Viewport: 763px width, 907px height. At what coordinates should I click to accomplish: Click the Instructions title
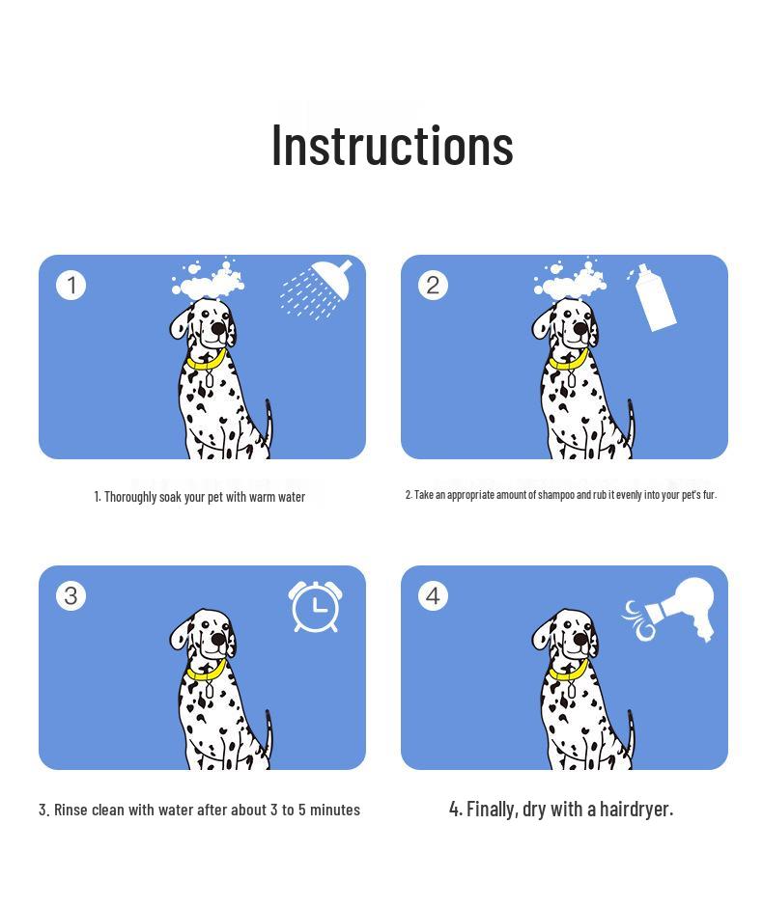point(391,145)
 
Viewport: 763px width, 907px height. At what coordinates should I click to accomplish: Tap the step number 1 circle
point(71,285)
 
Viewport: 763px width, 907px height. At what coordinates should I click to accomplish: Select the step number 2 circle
point(433,285)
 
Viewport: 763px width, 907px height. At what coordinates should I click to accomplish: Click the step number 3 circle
point(71,595)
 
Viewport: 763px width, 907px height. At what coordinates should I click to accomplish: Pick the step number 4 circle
point(433,595)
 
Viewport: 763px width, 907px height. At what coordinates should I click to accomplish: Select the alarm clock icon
point(315,607)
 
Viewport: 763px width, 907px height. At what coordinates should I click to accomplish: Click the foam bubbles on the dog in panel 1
point(209,281)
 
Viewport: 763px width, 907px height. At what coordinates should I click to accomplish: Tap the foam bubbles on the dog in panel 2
point(571,281)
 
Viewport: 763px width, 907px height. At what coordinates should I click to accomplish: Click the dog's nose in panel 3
point(219,640)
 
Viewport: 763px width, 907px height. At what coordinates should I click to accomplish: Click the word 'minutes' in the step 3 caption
point(333,810)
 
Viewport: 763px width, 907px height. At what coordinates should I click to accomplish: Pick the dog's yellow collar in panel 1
point(206,361)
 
